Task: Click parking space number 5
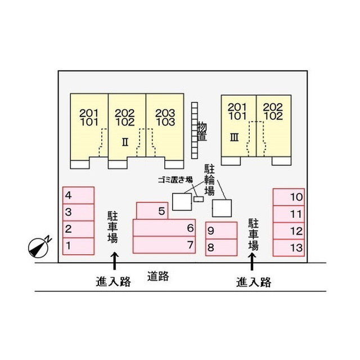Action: click(x=152, y=211)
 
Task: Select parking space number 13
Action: click(x=289, y=247)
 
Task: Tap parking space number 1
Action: click(x=79, y=246)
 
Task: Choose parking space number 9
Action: click(x=221, y=230)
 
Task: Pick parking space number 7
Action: click(x=164, y=245)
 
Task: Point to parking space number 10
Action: click(x=289, y=197)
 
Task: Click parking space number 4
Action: click(x=79, y=195)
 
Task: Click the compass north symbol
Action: click(x=39, y=247)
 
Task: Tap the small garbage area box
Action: click(x=199, y=199)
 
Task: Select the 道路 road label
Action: click(x=158, y=276)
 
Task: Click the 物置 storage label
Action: click(x=202, y=132)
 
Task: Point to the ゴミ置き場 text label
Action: click(x=175, y=180)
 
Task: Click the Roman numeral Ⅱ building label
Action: click(x=125, y=142)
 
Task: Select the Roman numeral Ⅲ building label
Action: click(x=235, y=137)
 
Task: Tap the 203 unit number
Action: click(x=165, y=113)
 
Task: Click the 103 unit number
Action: click(x=165, y=122)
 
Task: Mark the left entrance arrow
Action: click(x=115, y=261)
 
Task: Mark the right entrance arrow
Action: click(x=252, y=262)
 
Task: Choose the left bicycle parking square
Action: click(x=182, y=202)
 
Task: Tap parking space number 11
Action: click(x=289, y=214)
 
